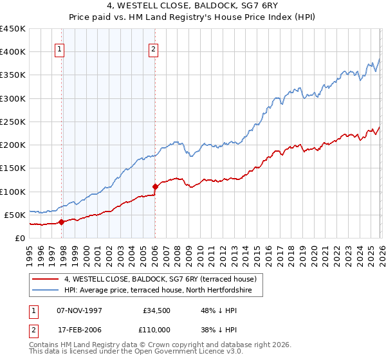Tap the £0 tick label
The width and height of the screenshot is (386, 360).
click(19, 238)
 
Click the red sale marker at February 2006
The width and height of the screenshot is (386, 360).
click(155, 186)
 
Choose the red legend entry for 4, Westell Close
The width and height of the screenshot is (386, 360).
click(160, 279)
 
